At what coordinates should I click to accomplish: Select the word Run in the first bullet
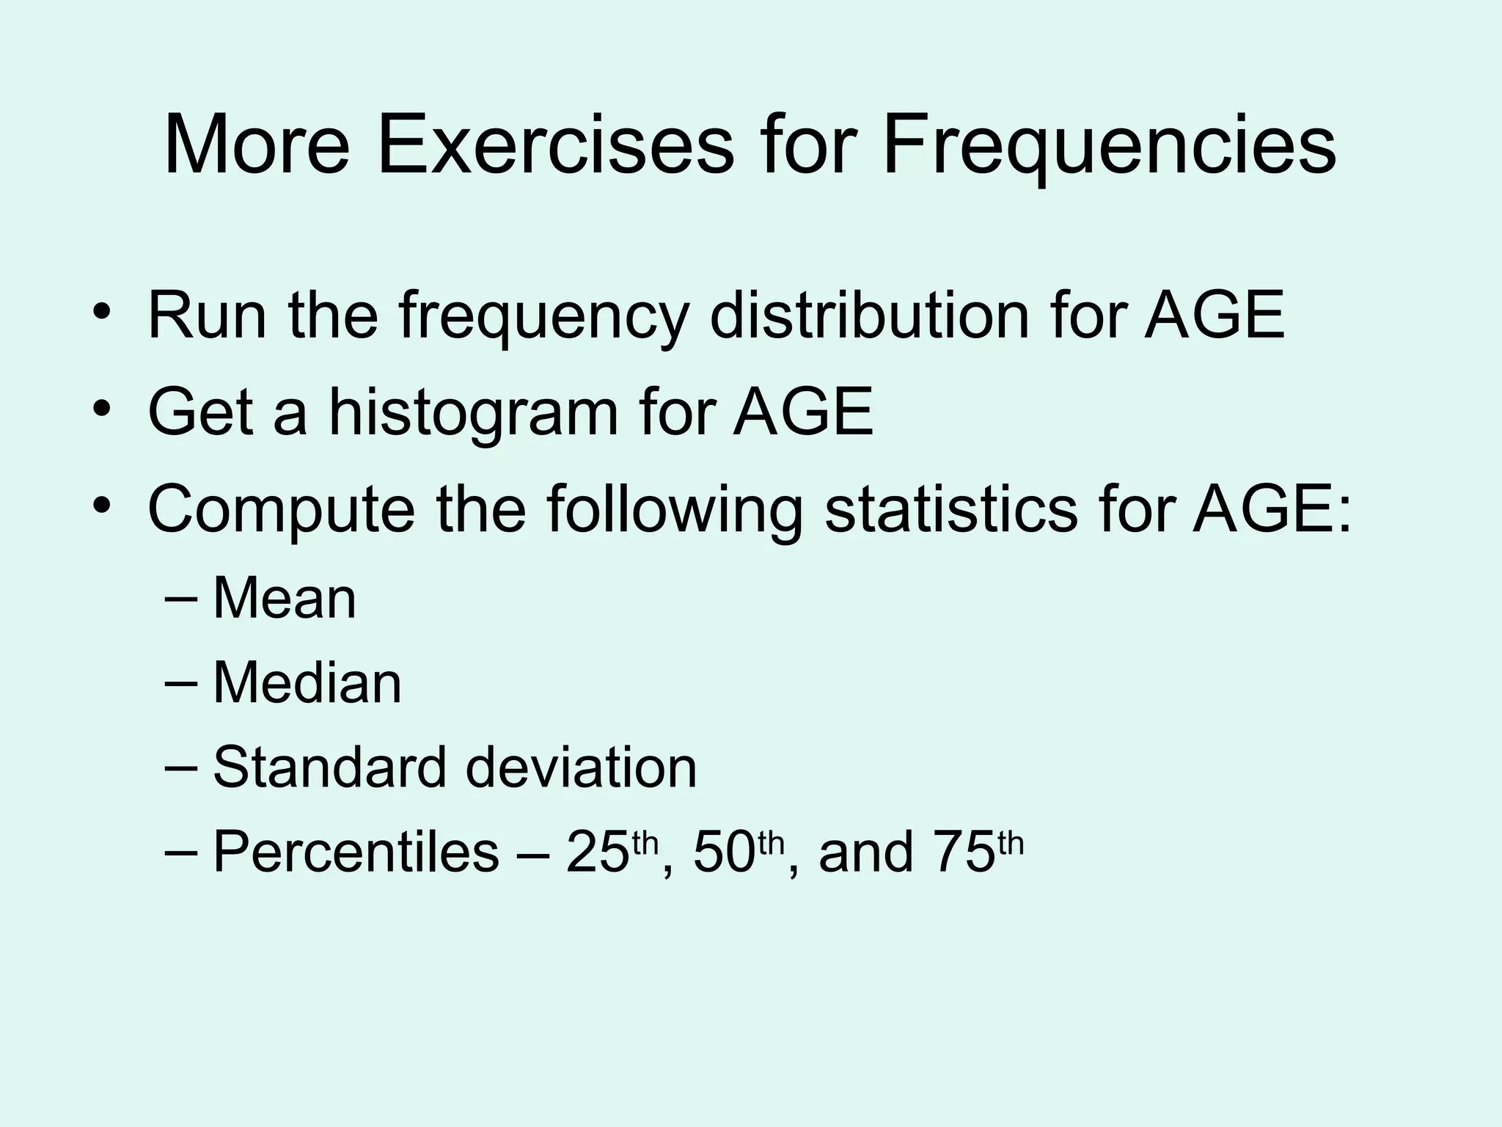point(207,316)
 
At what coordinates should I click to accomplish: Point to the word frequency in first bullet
point(543,317)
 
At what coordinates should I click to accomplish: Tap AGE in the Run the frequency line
point(1214,316)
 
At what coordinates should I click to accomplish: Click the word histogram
point(473,413)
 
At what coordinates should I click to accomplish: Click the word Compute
point(281,510)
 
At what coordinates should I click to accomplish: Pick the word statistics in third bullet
point(951,508)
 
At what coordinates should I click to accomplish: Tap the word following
point(674,510)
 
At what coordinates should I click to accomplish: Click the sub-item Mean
point(285,598)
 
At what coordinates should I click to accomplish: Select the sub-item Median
point(307,683)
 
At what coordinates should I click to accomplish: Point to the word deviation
point(581,767)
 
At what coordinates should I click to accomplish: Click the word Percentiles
point(356,853)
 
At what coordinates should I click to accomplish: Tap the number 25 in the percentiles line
point(597,853)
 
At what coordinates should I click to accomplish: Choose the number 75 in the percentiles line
point(963,853)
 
